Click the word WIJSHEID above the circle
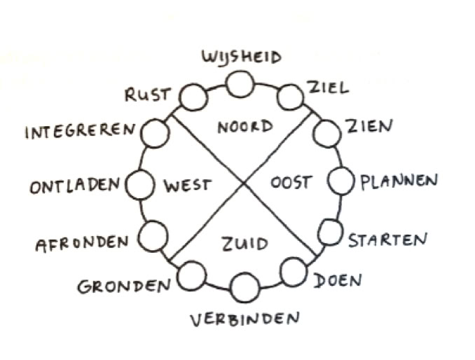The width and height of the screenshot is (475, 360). [x=242, y=57]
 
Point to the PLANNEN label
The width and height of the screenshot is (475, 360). [x=399, y=181]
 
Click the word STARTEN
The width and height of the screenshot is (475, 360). [x=387, y=240]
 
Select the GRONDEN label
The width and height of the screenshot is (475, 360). [x=124, y=286]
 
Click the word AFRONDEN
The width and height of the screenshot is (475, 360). [x=82, y=243]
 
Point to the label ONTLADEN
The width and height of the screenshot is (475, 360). [x=76, y=188]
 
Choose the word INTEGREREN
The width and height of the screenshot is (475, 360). [x=80, y=131]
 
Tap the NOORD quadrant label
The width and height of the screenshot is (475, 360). [x=245, y=127]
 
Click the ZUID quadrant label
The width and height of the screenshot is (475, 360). [x=245, y=244]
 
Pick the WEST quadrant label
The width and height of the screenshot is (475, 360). [x=187, y=186]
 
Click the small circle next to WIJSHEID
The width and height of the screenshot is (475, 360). [x=240, y=85]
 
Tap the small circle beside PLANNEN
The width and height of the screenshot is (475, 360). [x=341, y=181]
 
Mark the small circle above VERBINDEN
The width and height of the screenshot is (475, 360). [x=245, y=288]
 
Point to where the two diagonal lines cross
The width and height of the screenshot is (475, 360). [x=243, y=184]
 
